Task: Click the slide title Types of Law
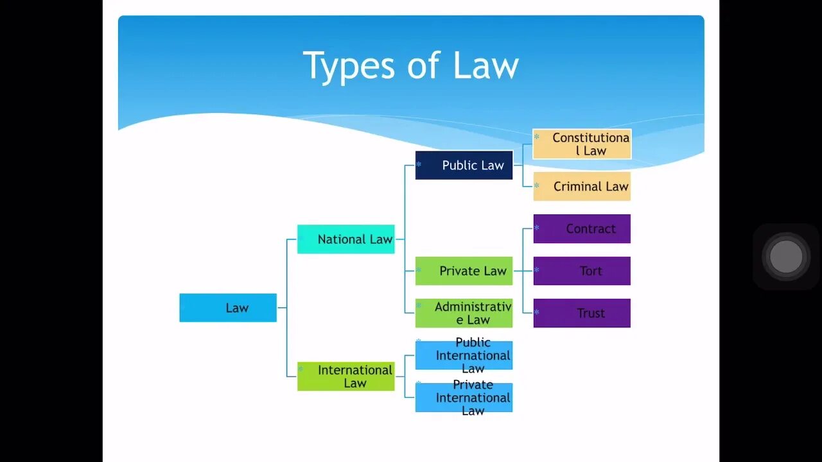click(410, 65)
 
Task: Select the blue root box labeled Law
click(228, 308)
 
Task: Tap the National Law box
click(345, 239)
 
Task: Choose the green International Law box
click(345, 376)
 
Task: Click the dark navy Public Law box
click(464, 165)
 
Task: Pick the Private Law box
click(464, 271)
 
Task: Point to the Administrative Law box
click(464, 313)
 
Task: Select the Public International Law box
click(464, 355)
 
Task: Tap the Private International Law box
click(464, 398)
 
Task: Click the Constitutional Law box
click(582, 144)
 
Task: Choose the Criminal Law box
click(582, 186)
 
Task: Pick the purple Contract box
click(582, 229)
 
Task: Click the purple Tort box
click(582, 271)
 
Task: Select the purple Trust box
click(582, 313)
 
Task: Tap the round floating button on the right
click(786, 257)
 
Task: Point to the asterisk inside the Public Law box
click(419, 165)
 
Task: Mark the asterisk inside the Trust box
click(537, 313)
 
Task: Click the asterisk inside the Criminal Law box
click(537, 186)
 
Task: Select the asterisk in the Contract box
click(537, 228)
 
